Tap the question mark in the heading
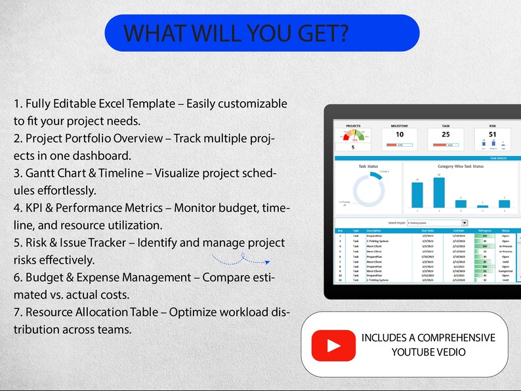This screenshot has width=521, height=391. pyautogui.click(x=343, y=33)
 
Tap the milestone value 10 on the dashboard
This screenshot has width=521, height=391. pyautogui.click(x=399, y=134)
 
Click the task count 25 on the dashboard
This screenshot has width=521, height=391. pyautogui.click(x=446, y=134)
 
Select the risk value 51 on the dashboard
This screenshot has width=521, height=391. pyautogui.click(x=492, y=134)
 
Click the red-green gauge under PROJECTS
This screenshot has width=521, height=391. pyautogui.click(x=354, y=136)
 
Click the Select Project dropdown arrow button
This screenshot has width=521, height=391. pyautogui.click(x=465, y=223)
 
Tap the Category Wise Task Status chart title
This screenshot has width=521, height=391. pyautogui.click(x=460, y=167)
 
